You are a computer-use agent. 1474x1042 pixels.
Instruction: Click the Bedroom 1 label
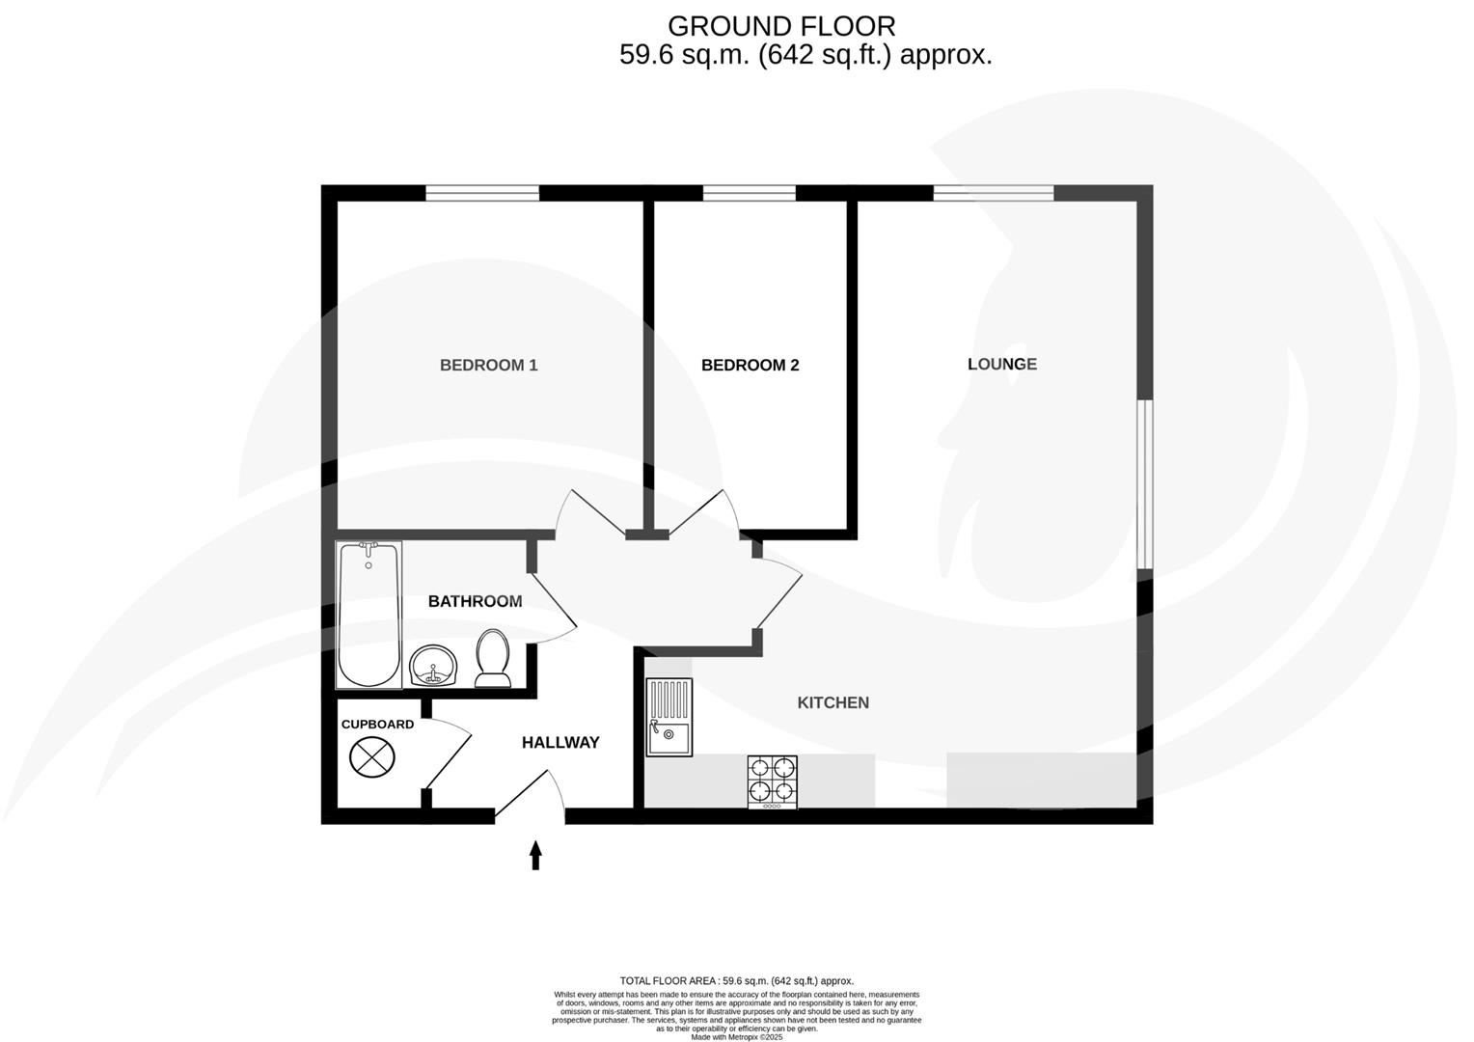point(488,365)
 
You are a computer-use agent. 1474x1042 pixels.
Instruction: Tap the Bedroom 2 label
point(750,365)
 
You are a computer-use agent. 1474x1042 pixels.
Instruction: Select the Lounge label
point(1001,364)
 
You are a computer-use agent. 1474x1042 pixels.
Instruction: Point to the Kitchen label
point(833,702)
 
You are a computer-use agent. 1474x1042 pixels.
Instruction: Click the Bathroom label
point(475,601)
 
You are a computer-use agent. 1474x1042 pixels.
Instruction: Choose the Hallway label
point(560,742)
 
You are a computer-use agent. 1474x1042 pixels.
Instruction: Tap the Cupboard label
point(377,725)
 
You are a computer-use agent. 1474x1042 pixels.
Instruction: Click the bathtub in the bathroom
point(368,615)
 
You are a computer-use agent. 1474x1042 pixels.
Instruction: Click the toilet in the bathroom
point(493,658)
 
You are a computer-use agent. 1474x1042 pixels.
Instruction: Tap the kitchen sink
point(669,718)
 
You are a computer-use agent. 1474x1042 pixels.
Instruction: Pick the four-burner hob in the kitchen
point(772,781)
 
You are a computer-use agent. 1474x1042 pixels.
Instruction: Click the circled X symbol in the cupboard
point(372,756)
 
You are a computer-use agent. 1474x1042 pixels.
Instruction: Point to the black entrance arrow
point(535,855)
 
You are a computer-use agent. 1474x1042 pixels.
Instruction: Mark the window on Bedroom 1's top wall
point(482,193)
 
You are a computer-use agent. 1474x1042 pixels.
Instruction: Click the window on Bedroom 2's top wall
point(749,193)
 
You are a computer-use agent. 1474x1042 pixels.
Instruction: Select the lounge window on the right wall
point(1144,484)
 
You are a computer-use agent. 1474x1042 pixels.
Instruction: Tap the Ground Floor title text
point(781,26)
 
